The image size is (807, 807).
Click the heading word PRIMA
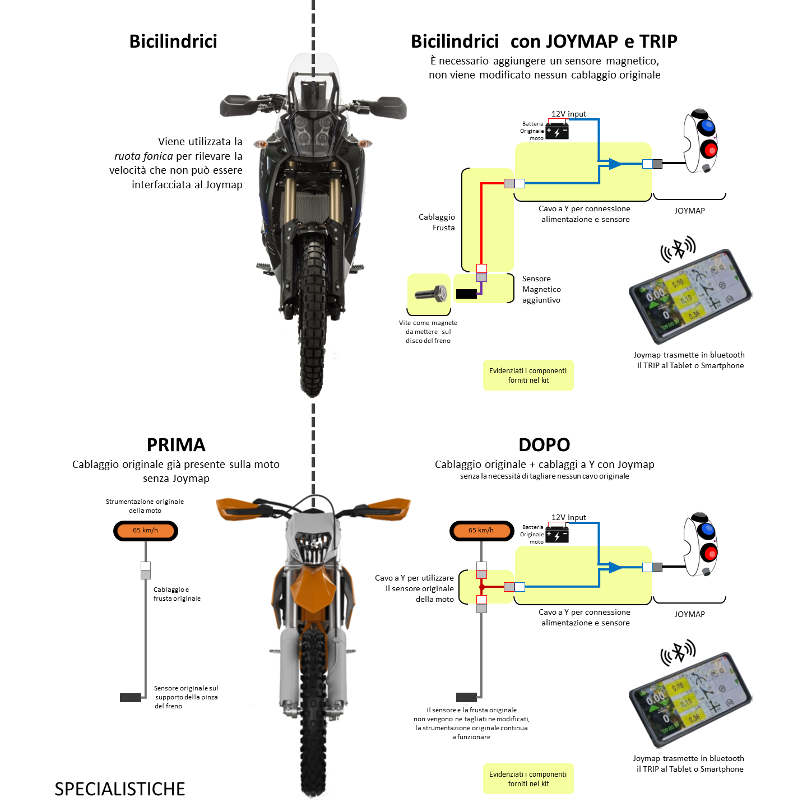tap(176, 444)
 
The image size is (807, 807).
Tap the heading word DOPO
tap(544, 444)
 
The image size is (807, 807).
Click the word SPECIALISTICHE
tap(119, 789)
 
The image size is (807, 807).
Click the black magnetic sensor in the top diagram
tap(466, 294)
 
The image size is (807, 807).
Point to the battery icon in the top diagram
tap(557, 132)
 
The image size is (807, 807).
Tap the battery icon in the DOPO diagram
tap(557, 535)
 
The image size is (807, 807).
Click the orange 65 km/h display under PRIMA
tap(146, 530)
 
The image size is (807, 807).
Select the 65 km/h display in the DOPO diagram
tap(481, 530)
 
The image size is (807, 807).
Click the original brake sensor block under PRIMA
tap(131, 698)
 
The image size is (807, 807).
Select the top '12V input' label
tap(568, 114)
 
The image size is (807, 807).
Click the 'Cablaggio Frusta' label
tap(437, 222)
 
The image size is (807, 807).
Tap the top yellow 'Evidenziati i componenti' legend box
tap(528, 375)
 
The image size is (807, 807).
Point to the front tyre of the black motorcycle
tap(312, 314)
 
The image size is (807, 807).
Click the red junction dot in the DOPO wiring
tap(481, 587)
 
